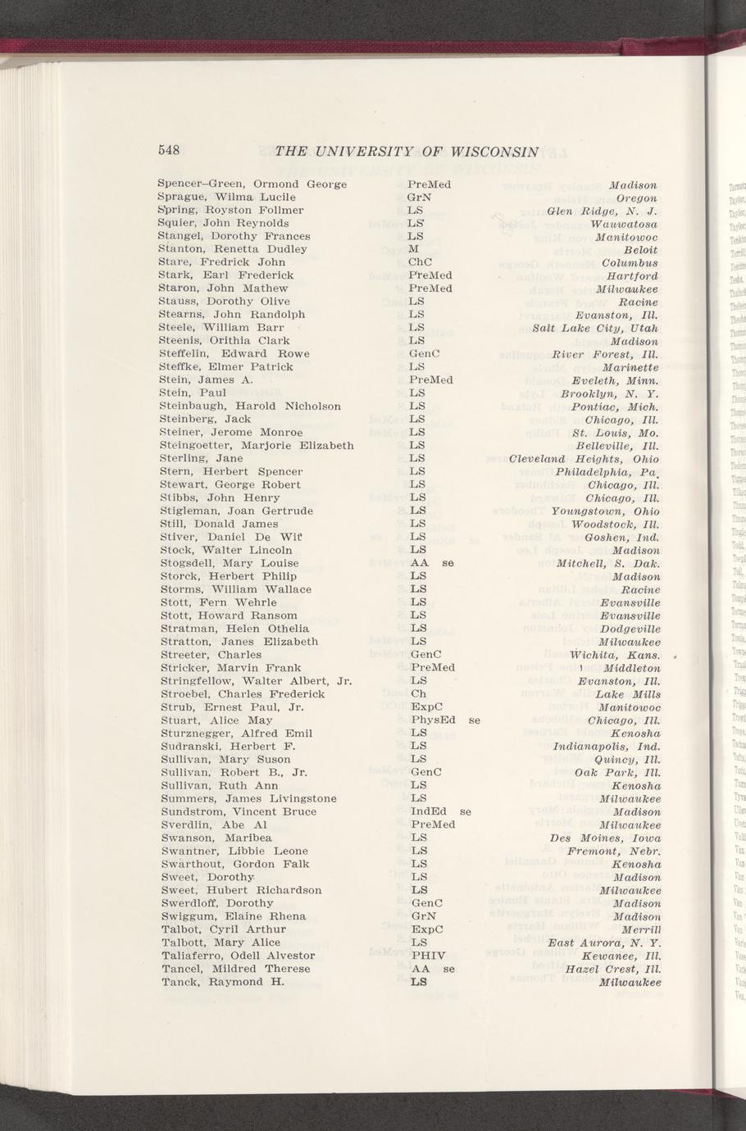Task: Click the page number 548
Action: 169,150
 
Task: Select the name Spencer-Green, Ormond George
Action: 252,184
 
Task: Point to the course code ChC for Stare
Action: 420,262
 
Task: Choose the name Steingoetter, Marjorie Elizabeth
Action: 257,446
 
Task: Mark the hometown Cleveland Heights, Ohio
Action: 584,459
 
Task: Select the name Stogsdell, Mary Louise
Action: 229,563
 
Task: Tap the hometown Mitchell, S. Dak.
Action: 607,564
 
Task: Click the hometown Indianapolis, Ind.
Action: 606,747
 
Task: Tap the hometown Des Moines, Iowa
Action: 605,838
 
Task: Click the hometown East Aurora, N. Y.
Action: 605,942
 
